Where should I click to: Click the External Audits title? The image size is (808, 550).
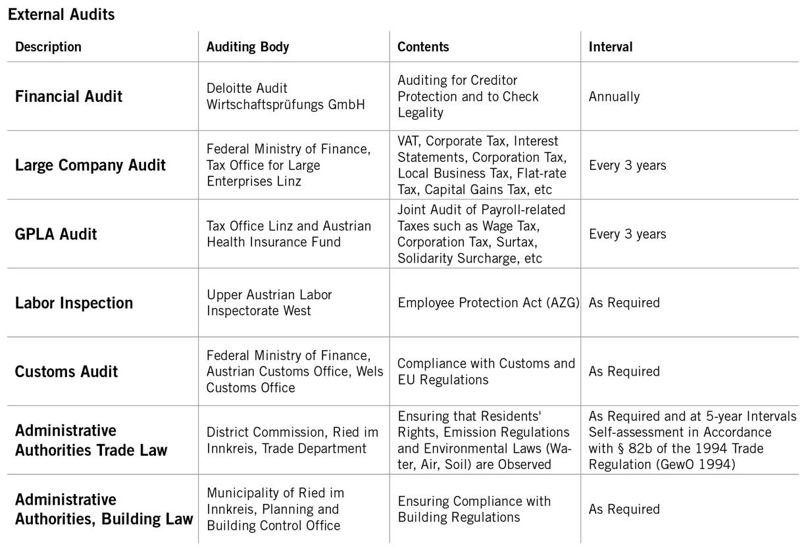[61, 14]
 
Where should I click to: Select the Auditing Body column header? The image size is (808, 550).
[247, 47]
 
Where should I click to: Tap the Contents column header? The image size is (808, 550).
[423, 47]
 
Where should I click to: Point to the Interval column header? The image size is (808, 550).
[610, 47]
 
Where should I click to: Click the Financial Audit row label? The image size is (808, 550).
[68, 97]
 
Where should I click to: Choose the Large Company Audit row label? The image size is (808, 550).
[90, 165]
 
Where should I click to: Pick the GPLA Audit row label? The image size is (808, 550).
[56, 234]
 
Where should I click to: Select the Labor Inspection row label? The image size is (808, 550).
[74, 303]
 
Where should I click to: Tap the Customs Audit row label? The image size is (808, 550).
[66, 372]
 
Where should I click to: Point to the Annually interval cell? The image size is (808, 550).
[614, 97]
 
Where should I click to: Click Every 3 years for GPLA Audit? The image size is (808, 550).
[627, 234]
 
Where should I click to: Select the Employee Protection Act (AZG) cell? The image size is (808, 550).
[488, 303]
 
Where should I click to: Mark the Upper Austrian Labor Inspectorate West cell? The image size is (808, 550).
[269, 303]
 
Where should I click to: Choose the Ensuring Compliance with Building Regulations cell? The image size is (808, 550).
[474, 509]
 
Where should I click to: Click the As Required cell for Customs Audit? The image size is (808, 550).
[624, 372]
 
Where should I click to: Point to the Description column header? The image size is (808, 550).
[48, 47]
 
